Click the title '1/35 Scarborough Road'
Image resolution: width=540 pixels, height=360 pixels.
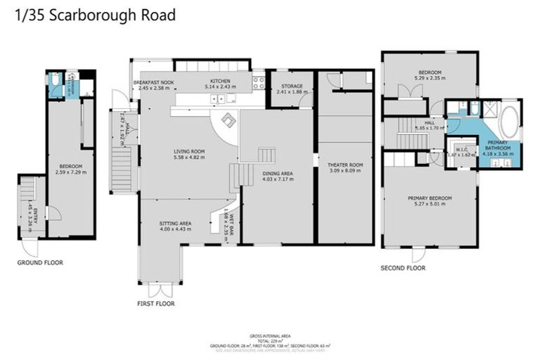(95, 14)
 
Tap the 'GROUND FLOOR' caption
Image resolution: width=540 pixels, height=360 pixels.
(40, 262)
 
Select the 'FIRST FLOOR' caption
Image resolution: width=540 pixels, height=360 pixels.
(156, 304)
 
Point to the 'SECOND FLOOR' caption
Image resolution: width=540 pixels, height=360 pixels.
(403, 268)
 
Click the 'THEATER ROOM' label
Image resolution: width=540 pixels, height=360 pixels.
(344, 164)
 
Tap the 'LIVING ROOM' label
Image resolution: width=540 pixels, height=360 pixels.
(189, 150)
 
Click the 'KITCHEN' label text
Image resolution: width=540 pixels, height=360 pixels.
(217, 82)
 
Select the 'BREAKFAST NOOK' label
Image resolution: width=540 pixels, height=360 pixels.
(154, 82)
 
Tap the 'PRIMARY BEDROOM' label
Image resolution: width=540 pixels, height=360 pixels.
(430, 198)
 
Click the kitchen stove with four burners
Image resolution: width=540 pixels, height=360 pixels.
(258, 83)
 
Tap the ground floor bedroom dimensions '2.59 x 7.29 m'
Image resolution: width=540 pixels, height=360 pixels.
(69, 172)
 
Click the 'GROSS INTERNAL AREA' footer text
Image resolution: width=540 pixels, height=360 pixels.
(270, 335)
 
